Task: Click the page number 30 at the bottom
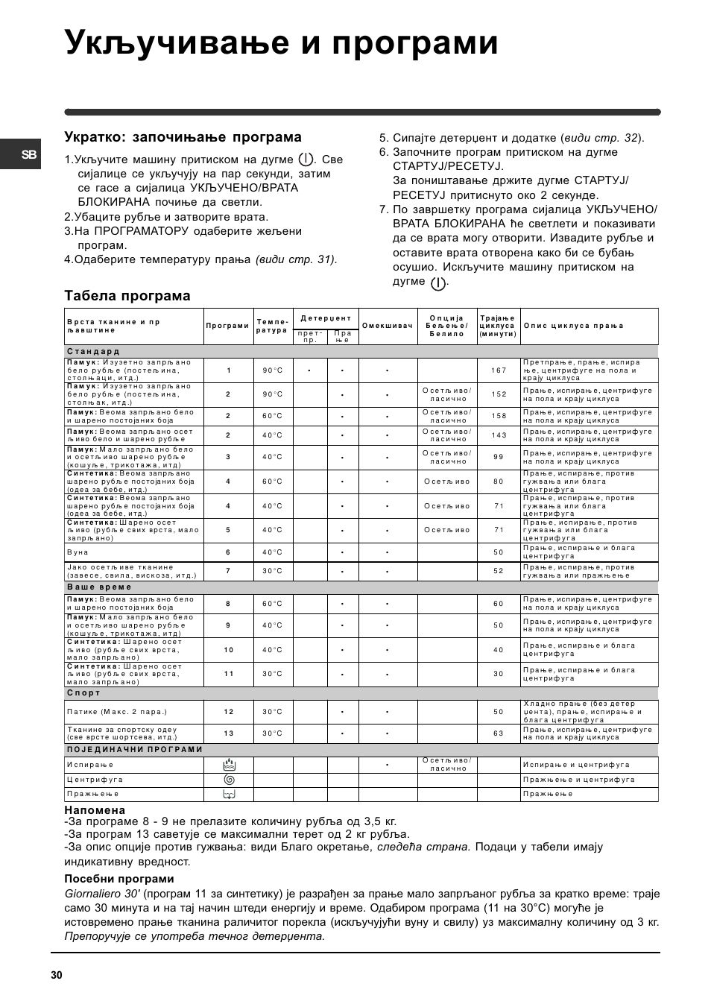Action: [57, 976]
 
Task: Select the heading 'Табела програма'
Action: [127, 296]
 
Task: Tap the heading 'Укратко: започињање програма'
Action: [183, 137]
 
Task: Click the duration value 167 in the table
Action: [499, 370]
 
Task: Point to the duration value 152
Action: [499, 394]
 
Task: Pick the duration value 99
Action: [499, 457]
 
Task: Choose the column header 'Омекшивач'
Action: [388, 326]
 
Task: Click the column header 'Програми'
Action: [228, 326]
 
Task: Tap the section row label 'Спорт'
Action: [83, 693]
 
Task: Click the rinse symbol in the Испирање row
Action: [229, 765]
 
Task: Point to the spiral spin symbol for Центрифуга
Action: [229, 780]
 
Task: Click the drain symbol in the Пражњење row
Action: [229, 795]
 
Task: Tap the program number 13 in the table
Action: [229, 733]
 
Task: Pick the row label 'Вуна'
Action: [78, 552]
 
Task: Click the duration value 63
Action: [499, 733]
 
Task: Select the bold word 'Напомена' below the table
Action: [95, 810]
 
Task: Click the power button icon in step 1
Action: [305, 160]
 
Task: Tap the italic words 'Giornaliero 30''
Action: [102, 894]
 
